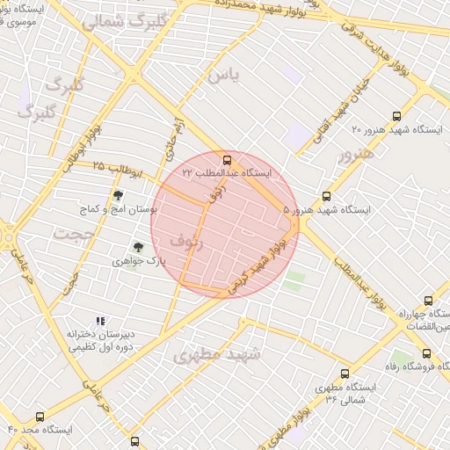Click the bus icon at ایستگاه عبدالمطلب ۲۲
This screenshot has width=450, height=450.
tap(228, 161)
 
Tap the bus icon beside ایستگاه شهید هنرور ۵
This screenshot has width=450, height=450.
tap(326, 197)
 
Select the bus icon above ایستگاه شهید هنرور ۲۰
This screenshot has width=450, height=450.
tap(397, 115)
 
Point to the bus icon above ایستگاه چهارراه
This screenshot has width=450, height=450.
tap(428, 301)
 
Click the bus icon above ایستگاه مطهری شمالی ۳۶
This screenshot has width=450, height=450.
tap(345, 374)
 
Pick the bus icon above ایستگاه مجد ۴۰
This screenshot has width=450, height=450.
tap(40, 417)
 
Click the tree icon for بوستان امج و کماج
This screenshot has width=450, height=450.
tap(119, 195)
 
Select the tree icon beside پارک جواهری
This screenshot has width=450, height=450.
tap(138, 248)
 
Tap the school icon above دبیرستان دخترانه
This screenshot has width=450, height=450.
tap(100, 322)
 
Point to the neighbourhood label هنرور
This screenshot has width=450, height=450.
tap(355, 154)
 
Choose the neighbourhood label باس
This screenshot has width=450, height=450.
tap(223, 76)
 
